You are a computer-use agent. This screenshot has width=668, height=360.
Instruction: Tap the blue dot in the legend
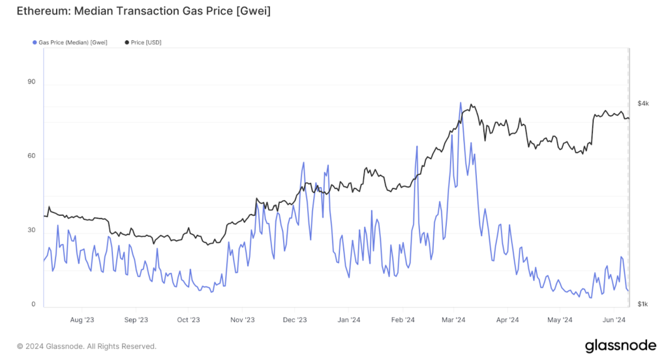[34, 42]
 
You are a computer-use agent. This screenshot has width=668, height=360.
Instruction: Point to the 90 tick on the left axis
[31, 83]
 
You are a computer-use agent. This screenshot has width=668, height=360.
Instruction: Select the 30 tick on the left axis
[31, 231]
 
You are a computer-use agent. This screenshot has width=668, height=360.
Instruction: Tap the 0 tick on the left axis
[33, 305]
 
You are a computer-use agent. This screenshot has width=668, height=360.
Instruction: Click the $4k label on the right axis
[643, 104]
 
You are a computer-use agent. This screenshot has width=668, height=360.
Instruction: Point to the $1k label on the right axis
[643, 305]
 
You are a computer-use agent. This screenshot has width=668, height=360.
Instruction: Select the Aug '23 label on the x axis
[82, 320]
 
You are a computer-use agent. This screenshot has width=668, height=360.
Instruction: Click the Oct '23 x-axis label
[188, 320]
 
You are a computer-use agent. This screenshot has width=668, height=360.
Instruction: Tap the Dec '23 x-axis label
[295, 320]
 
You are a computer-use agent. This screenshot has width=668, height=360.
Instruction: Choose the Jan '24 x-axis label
[349, 320]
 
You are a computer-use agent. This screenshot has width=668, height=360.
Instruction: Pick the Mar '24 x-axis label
[453, 320]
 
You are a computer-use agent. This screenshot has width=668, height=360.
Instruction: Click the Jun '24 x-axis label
[613, 320]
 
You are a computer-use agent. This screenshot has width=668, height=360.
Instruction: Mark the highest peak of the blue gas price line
[461, 103]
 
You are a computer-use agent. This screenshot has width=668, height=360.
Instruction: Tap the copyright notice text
[86, 346]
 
